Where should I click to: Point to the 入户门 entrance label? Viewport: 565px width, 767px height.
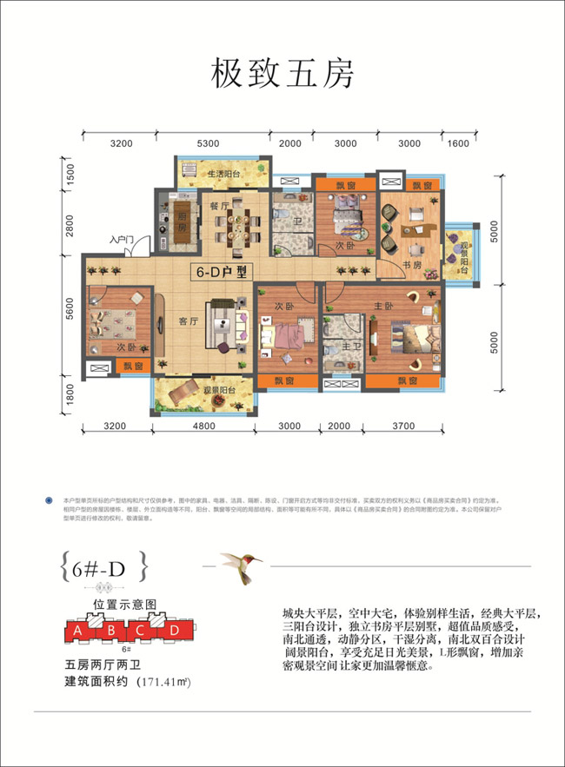[x=120, y=239]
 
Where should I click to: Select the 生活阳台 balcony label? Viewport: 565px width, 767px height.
[x=223, y=175]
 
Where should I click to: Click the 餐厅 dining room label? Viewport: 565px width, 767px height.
[x=218, y=206]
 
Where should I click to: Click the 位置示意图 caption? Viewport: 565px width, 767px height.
[x=124, y=603]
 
